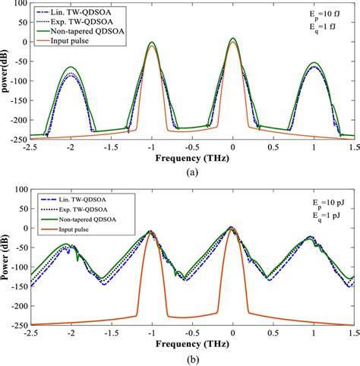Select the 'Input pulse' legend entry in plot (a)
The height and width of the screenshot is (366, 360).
73,42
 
